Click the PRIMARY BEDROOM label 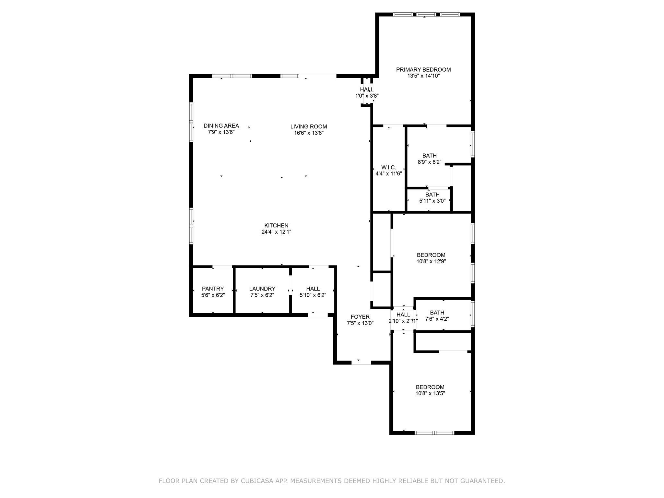click(x=423, y=70)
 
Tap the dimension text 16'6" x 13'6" click(x=309, y=133)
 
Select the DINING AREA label click(x=221, y=126)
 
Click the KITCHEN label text click(x=276, y=226)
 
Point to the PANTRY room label click(x=213, y=289)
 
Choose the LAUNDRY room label click(x=262, y=289)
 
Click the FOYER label click(x=360, y=317)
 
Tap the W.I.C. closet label click(x=388, y=168)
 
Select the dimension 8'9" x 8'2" click(x=429, y=162)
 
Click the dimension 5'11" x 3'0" click(x=432, y=201)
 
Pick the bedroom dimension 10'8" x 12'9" click(x=431, y=262)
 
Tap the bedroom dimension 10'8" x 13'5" click(x=430, y=394)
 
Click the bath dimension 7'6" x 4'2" click(x=437, y=319)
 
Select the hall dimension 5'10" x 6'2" click(x=313, y=295)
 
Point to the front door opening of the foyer click(x=361, y=362)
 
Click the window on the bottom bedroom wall click(x=434, y=433)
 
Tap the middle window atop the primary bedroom click(x=426, y=14)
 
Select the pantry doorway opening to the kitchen click(x=222, y=267)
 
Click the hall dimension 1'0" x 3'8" click(x=367, y=96)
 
